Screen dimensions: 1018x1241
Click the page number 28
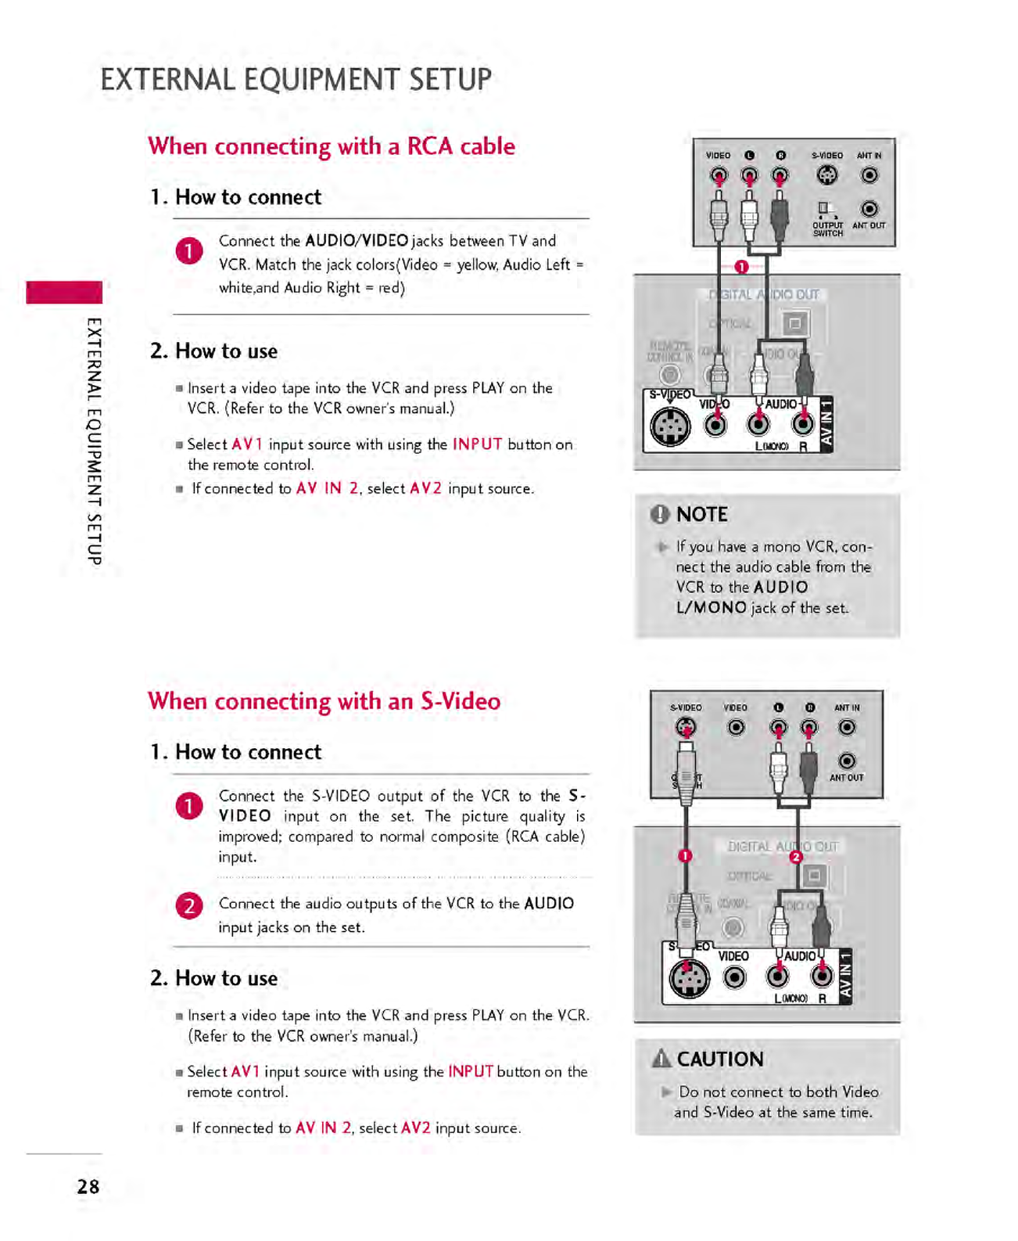(x=88, y=1186)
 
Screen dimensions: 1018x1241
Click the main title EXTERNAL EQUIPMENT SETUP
(x=296, y=80)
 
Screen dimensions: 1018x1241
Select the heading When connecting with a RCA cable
(x=332, y=146)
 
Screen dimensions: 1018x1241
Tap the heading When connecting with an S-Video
(x=324, y=701)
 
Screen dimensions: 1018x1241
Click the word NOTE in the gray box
(x=701, y=514)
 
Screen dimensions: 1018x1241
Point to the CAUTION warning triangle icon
(x=661, y=1059)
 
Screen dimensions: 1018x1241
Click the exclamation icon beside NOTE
(x=660, y=514)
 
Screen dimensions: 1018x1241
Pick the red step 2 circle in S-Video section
(x=189, y=905)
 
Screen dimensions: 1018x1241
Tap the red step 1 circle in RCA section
(x=189, y=251)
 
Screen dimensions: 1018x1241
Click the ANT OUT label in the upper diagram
(x=869, y=226)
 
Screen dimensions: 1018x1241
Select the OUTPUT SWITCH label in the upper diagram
(x=828, y=229)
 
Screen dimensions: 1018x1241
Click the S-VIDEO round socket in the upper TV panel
(x=670, y=426)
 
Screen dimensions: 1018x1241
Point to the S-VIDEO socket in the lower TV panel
(x=689, y=978)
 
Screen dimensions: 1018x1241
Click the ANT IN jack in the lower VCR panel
(x=847, y=728)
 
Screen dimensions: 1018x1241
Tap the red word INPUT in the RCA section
(x=477, y=444)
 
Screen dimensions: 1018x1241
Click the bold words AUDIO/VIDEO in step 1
(x=357, y=241)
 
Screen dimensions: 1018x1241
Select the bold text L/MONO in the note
(x=711, y=608)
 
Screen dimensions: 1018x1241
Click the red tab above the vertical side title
(x=64, y=292)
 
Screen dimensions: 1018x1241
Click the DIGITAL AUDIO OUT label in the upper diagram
(x=764, y=295)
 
